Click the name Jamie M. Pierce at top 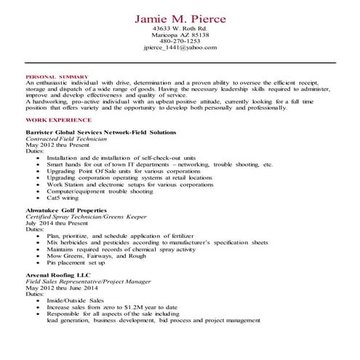click(x=180, y=17)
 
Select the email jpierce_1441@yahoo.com click(x=180, y=48)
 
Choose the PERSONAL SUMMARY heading click(x=57, y=76)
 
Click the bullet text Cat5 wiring click(x=63, y=198)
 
